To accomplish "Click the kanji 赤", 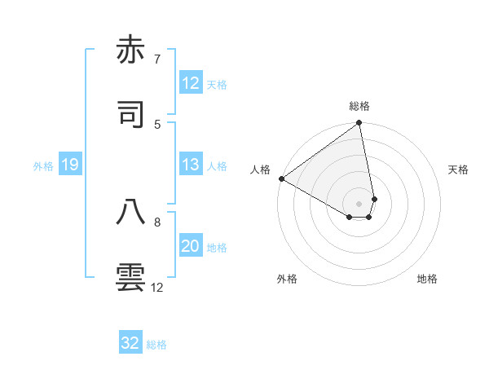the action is pyautogui.click(x=131, y=51).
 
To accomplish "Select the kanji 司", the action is pyautogui.click(x=131, y=115).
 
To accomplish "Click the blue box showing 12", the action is pyautogui.click(x=191, y=83).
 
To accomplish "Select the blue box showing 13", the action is pyautogui.click(x=191, y=165).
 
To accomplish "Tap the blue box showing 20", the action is pyautogui.click(x=191, y=246).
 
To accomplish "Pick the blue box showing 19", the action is pyautogui.click(x=69, y=165).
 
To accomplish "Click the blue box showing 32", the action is pyautogui.click(x=130, y=343).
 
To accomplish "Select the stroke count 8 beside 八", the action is pyautogui.click(x=157, y=221).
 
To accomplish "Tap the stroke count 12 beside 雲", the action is pyautogui.click(x=157, y=287).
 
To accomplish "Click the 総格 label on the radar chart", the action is pyautogui.click(x=359, y=106).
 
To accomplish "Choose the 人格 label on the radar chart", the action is pyautogui.click(x=260, y=169).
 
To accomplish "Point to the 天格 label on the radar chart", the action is pyautogui.click(x=459, y=169).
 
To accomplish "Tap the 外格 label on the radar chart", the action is pyautogui.click(x=287, y=279).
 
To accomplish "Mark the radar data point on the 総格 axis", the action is pyautogui.click(x=359, y=124).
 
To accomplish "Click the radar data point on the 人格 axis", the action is pyautogui.click(x=281, y=178).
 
